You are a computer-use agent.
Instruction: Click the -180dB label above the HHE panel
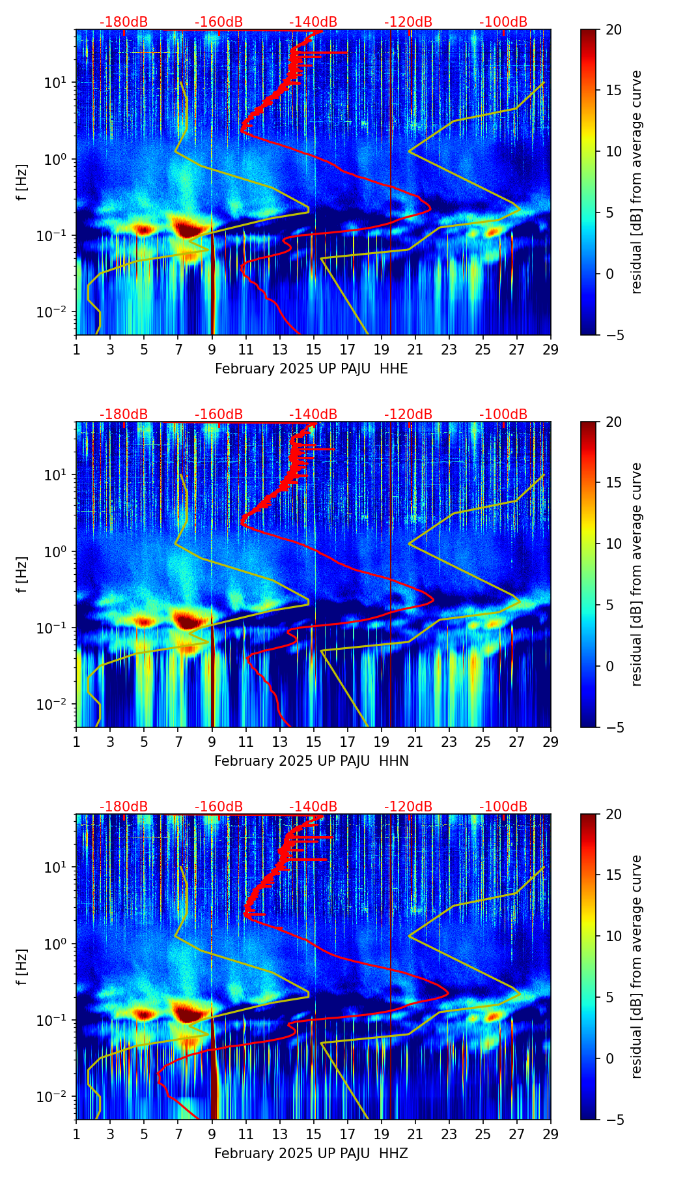pos(124,22)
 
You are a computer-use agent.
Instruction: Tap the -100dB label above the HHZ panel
pos(503,807)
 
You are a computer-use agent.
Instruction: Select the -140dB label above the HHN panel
pos(313,414)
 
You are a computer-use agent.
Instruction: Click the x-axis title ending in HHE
pos(311,369)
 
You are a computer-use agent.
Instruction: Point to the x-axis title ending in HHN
pos(311,761)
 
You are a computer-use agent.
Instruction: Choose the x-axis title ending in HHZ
pos(311,1154)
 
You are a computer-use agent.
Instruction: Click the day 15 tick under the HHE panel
pos(314,349)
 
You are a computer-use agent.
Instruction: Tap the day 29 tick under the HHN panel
pos(551,742)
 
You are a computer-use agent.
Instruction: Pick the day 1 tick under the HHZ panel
pos(77,1134)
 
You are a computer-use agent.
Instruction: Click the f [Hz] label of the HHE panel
pos(23,182)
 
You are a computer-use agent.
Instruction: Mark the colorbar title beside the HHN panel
pos(637,574)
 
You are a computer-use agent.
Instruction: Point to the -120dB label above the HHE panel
pos(408,22)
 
